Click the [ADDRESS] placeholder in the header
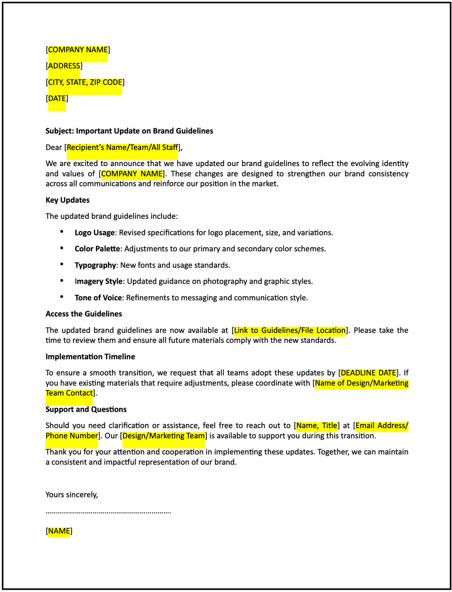64,66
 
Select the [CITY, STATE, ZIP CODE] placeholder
85,82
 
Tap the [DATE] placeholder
57,98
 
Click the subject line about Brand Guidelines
129,131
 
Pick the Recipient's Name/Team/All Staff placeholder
122,147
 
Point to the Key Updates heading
67,200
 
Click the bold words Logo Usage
95,232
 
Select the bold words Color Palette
97,248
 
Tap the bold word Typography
95,265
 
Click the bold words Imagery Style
98,281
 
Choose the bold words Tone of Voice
98,297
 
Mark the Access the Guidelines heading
84,314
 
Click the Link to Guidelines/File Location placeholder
290,330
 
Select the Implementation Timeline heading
90,357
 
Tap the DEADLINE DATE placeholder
368,373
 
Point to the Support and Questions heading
86,409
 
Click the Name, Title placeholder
316,425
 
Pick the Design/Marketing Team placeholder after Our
163,436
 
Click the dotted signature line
108,512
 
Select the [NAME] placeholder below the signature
59,531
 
